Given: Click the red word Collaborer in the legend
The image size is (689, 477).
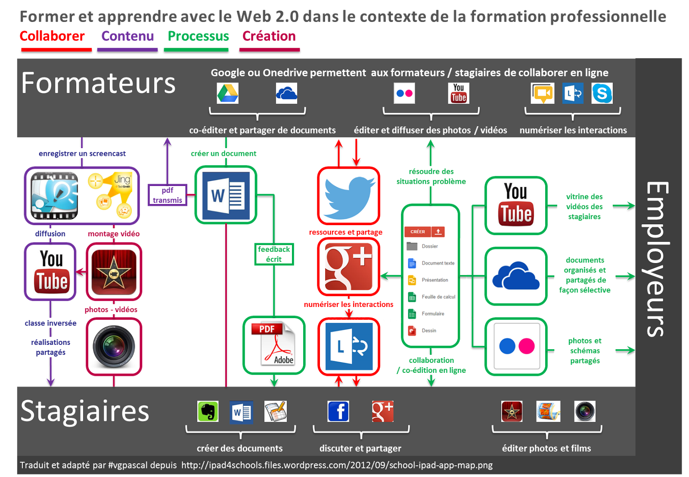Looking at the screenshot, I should (x=52, y=36).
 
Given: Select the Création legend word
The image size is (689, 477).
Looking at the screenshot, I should (x=269, y=36).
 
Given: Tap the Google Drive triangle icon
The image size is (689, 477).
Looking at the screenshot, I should (x=227, y=93).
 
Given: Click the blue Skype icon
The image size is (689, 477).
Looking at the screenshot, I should (x=602, y=93).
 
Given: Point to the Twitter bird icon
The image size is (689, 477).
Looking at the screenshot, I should (x=349, y=196).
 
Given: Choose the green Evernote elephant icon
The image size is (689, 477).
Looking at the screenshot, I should (x=208, y=412).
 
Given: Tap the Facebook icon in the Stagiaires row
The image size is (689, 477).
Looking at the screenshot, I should (x=338, y=412).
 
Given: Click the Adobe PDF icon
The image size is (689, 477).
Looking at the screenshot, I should (x=274, y=345).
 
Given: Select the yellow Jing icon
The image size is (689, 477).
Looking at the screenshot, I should (x=110, y=195).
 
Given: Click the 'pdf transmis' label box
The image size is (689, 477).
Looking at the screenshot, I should (x=168, y=195).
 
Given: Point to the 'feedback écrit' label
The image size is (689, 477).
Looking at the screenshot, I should (x=274, y=254).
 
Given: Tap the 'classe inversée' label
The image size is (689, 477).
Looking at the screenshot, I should (x=50, y=323).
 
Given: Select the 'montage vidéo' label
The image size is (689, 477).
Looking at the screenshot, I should (x=114, y=234).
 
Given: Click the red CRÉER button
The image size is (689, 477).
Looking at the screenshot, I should (x=417, y=232).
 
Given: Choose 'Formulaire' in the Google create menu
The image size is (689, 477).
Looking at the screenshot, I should (x=432, y=314).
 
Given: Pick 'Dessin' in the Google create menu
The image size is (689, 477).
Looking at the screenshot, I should (x=428, y=331).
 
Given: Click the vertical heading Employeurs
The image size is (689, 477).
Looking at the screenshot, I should (x=658, y=258).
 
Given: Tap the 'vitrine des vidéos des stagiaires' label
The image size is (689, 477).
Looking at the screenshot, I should (x=584, y=207).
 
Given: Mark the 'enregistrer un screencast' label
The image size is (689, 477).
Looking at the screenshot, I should (x=82, y=153).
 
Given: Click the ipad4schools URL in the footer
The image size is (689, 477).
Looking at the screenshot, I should (x=337, y=465).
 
